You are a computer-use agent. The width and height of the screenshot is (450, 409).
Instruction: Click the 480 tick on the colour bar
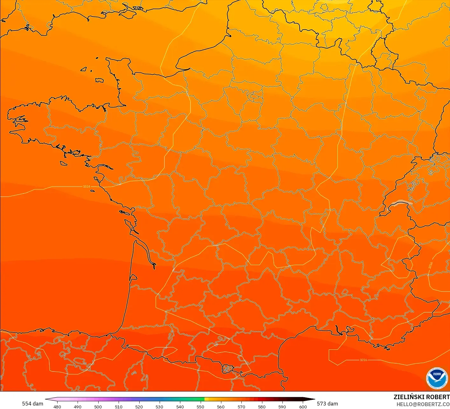pyautogui.click(x=57, y=406)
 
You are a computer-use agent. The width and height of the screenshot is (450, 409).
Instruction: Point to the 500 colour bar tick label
pyautogui.click(x=98, y=406)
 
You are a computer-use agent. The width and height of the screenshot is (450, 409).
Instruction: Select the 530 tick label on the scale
pyautogui.click(x=159, y=406)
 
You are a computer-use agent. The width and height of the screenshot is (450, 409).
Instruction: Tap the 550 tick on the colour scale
pyautogui.click(x=200, y=406)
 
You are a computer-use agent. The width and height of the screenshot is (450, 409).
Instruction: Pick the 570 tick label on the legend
pyautogui.click(x=241, y=406)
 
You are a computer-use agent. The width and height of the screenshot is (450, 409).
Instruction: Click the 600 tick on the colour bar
pyautogui.click(x=303, y=406)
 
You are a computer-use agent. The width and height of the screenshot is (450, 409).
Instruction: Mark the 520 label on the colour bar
pyautogui.click(x=139, y=406)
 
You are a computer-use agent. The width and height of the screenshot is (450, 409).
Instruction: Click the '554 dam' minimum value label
pyautogui.click(x=32, y=404)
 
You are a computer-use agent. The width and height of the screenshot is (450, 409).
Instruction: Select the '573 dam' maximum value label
pyautogui.click(x=327, y=404)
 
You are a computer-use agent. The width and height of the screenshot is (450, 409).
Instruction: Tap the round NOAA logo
pyautogui.click(x=437, y=378)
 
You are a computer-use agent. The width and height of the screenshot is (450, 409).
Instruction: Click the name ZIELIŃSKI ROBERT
pyautogui.click(x=421, y=397)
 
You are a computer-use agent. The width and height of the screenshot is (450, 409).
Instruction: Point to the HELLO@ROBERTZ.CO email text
pyautogui.click(x=423, y=404)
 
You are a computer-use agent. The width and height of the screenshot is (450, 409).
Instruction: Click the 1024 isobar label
pyautogui.click(x=86, y=187)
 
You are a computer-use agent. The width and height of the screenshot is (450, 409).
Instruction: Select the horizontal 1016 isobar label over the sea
pyautogui.click(x=363, y=360)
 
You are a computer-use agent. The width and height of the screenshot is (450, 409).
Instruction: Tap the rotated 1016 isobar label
pyautogui.click(x=431, y=265)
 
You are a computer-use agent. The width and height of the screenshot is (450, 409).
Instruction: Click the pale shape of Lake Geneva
pyautogui.click(x=401, y=203)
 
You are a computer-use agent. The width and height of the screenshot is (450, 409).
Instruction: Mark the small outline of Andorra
pyautogui.click(x=228, y=369)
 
